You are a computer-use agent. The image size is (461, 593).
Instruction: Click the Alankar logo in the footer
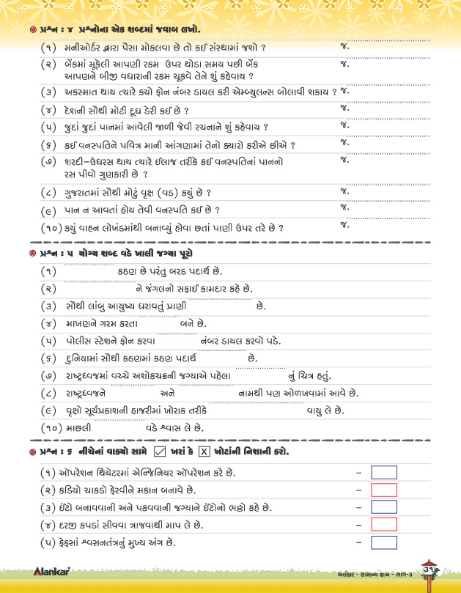tap(51, 570)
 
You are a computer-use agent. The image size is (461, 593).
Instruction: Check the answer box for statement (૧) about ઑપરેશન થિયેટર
tap(384, 472)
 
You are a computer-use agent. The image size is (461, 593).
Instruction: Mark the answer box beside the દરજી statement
tap(384, 525)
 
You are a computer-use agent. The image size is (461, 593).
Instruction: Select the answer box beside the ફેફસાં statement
tap(384, 542)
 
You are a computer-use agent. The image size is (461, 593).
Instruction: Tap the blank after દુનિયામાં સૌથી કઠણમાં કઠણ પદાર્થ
tap(223, 358)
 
